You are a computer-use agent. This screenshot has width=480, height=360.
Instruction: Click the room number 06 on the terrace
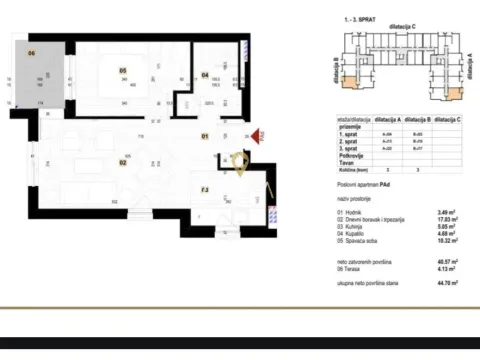point(31,53)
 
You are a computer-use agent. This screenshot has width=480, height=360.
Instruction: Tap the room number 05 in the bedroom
point(123,70)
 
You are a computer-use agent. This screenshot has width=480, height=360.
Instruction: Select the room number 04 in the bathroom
point(205,74)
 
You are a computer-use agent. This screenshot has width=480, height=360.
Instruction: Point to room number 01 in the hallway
point(205,135)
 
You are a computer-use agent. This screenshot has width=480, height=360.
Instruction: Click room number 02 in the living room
point(123,160)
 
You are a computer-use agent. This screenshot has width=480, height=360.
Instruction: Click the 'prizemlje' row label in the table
point(349,126)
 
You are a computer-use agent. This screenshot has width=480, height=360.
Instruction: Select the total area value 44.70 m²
point(434,284)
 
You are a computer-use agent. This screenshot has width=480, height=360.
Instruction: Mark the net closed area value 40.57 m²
point(434,261)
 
